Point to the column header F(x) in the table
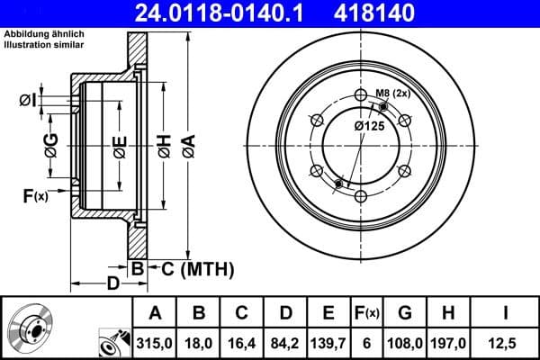click(368, 313)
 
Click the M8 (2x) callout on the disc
click(393, 93)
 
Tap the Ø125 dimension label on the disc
click(369, 127)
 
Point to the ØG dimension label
click(51, 143)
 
